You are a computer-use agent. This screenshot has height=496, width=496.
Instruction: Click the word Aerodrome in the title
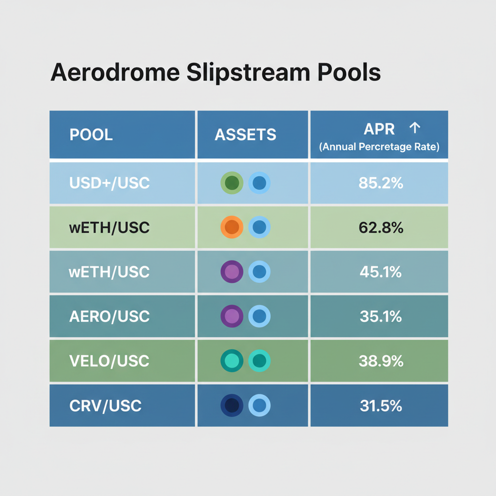tap(114, 73)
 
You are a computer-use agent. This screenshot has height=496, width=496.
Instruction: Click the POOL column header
tap(91, 135)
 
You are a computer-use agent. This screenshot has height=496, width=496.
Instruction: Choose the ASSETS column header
tap(246, 135)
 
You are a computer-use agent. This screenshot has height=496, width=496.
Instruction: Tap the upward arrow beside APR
tap(415, 128)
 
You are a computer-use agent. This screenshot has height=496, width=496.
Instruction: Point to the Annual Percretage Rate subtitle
tap(379, 147)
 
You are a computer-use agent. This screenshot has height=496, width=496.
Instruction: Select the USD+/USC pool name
tap(109, 183)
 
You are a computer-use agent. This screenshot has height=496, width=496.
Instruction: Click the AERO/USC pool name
tap(109, 316)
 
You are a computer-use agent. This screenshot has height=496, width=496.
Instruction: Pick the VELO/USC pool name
tap(109, 361)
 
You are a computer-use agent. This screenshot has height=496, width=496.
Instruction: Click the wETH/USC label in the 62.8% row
tap(109, 227)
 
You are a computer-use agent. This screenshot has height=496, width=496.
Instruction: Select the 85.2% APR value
tap(381, 183)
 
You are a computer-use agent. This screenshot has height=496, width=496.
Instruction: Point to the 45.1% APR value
tap(381, 272)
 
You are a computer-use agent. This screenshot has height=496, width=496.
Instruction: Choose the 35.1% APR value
tap(381, 316)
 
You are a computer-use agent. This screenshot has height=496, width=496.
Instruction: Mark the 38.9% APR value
tap(381, 361)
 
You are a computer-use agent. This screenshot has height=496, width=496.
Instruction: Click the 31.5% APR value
tap(381, 405)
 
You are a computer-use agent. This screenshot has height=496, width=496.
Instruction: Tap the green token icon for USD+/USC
tap(232, 183)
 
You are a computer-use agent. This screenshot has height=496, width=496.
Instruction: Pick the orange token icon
tap(232, 227)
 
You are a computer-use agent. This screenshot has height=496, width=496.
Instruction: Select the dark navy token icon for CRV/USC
tap(232, 405)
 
